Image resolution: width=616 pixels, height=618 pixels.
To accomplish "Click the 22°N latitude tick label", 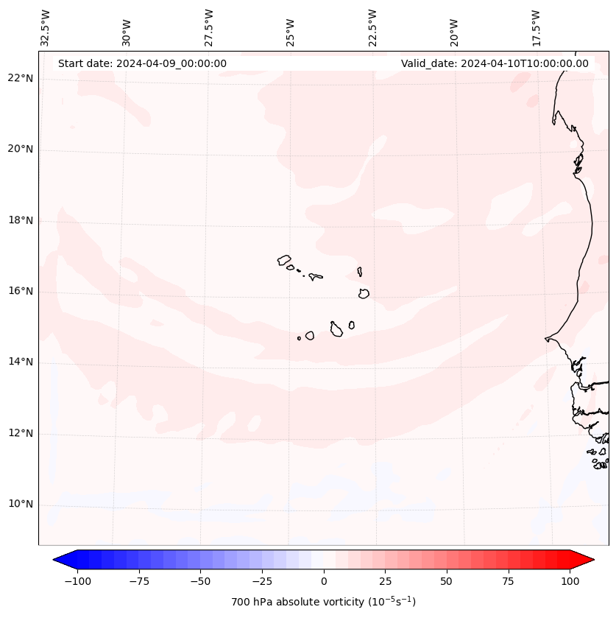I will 21,78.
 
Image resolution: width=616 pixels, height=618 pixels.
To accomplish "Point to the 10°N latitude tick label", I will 21,505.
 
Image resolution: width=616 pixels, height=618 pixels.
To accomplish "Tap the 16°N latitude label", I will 21,292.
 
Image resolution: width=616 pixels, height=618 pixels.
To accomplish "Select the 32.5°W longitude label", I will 46,27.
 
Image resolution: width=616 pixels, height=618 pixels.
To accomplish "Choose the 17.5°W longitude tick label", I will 536,27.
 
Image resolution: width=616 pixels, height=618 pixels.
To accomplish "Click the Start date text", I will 142,63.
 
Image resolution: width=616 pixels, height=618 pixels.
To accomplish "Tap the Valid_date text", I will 495,63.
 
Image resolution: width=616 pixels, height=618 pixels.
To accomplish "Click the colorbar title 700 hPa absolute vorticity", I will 323,602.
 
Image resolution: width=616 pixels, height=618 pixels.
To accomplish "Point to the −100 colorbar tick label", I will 77,581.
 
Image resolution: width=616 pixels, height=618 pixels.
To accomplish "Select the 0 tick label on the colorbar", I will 324,581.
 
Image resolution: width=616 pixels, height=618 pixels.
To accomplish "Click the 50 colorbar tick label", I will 447,581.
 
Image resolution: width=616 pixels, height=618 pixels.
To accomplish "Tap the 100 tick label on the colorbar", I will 570,581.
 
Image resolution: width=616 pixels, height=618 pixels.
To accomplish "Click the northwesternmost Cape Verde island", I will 284,260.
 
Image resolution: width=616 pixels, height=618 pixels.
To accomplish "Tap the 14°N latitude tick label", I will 21,362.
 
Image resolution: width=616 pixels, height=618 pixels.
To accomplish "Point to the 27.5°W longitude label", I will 209,27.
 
